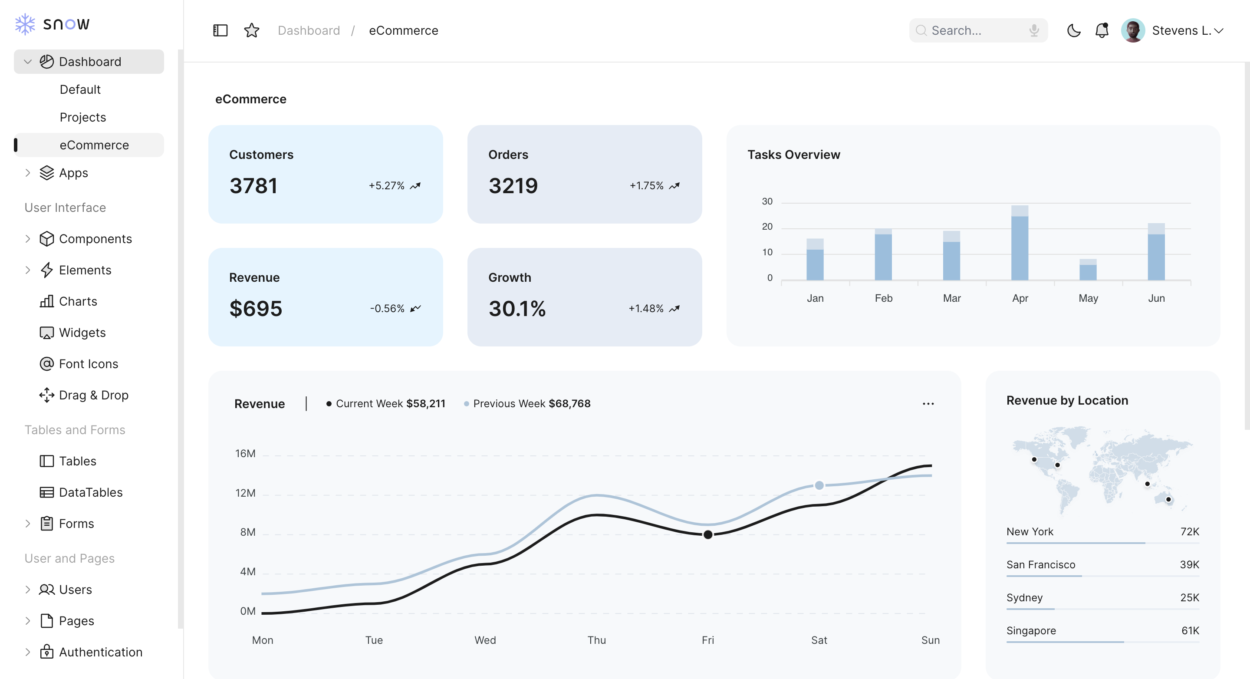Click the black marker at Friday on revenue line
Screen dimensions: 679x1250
[708, 534]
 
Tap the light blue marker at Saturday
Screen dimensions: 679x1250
[819, 485]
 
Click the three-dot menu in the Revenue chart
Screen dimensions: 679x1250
[928, 404]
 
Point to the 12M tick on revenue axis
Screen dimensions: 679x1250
[245, 493]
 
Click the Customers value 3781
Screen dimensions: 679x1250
[253, 186]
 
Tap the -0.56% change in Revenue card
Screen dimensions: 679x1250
[387, 309]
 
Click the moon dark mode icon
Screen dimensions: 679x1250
[1073, 30]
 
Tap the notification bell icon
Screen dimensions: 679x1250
[1102, 30]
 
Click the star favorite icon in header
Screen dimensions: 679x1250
[251, 30]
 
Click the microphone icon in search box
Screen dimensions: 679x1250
[1034, 30]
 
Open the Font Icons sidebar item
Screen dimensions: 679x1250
[88, 364]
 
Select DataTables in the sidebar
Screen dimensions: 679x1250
[90, 492]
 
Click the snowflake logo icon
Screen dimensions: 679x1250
[25, 24]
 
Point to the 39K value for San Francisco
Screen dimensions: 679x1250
[1189, 564]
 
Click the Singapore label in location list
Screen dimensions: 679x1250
[1031, 630]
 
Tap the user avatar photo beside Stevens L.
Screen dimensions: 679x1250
[1132, 30]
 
